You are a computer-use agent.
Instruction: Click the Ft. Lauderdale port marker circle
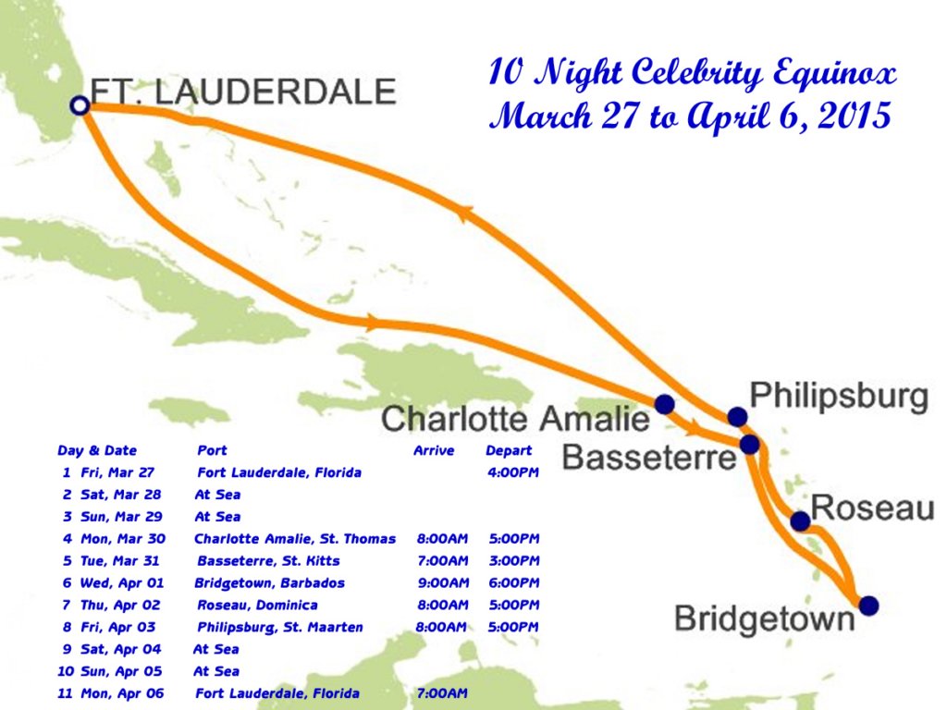point(80,105)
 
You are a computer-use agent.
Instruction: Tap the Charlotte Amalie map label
point(516,419)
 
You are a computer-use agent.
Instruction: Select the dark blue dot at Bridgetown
point(868,606)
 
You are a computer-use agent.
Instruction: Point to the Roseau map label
point(872,508)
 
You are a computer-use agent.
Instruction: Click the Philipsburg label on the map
point(838,396)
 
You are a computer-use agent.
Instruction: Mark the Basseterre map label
point(648,456)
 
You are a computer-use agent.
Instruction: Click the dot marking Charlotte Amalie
point(664,404)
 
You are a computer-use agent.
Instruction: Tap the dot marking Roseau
point(800,522)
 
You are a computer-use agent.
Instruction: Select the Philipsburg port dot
point(737,417)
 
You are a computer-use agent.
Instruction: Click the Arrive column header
point(434,451)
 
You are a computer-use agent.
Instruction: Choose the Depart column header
point(509,451)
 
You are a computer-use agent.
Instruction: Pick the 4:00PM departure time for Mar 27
point(512,472)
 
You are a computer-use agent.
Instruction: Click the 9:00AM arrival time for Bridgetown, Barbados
point(443,583)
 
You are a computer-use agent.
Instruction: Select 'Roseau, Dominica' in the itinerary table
point(257,606)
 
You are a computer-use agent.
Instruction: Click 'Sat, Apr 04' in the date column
point(119,650)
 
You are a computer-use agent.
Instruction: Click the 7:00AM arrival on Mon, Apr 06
point(442,693)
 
